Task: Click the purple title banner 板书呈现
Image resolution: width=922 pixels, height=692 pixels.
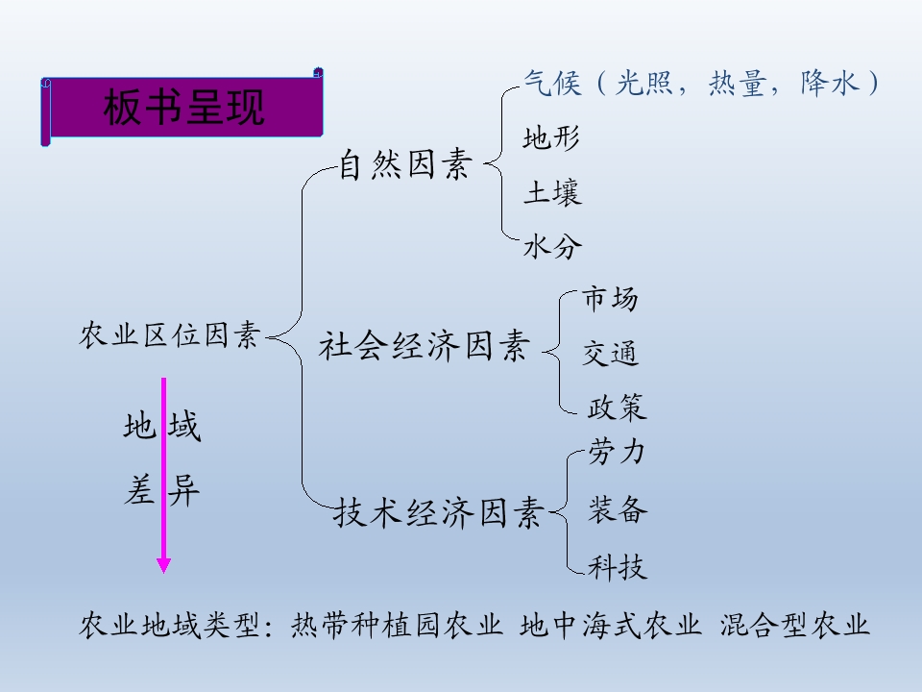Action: (182, 107)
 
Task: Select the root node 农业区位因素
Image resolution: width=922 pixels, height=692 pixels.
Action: (170, 334)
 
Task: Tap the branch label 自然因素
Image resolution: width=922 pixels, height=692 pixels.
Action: (405, 163)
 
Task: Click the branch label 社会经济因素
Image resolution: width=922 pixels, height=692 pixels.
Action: (425, 345)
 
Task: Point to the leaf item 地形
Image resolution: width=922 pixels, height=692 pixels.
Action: (551, 138)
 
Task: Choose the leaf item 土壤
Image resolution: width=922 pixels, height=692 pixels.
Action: (553, 192)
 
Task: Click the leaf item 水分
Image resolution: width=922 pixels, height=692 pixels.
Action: (553, 247)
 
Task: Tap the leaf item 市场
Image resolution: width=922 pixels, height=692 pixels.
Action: (611, 298)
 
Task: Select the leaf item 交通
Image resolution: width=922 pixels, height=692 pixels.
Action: (611, 353)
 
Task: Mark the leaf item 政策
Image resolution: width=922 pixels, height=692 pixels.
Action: (617, 408)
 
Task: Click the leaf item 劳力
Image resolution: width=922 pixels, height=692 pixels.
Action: (617, 452)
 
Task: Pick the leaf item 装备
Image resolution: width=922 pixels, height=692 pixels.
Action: (618, 509)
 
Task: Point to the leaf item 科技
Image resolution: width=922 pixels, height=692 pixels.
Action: (618, 567)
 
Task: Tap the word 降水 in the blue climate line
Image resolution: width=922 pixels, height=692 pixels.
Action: (830, 83)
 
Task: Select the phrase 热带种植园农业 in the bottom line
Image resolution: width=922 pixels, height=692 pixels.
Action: (397, 625)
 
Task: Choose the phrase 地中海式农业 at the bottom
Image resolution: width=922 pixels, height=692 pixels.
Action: (611, 625)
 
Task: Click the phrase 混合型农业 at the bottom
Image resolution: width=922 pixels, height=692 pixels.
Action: (794, 625)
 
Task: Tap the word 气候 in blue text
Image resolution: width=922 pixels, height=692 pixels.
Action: (553, 83)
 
